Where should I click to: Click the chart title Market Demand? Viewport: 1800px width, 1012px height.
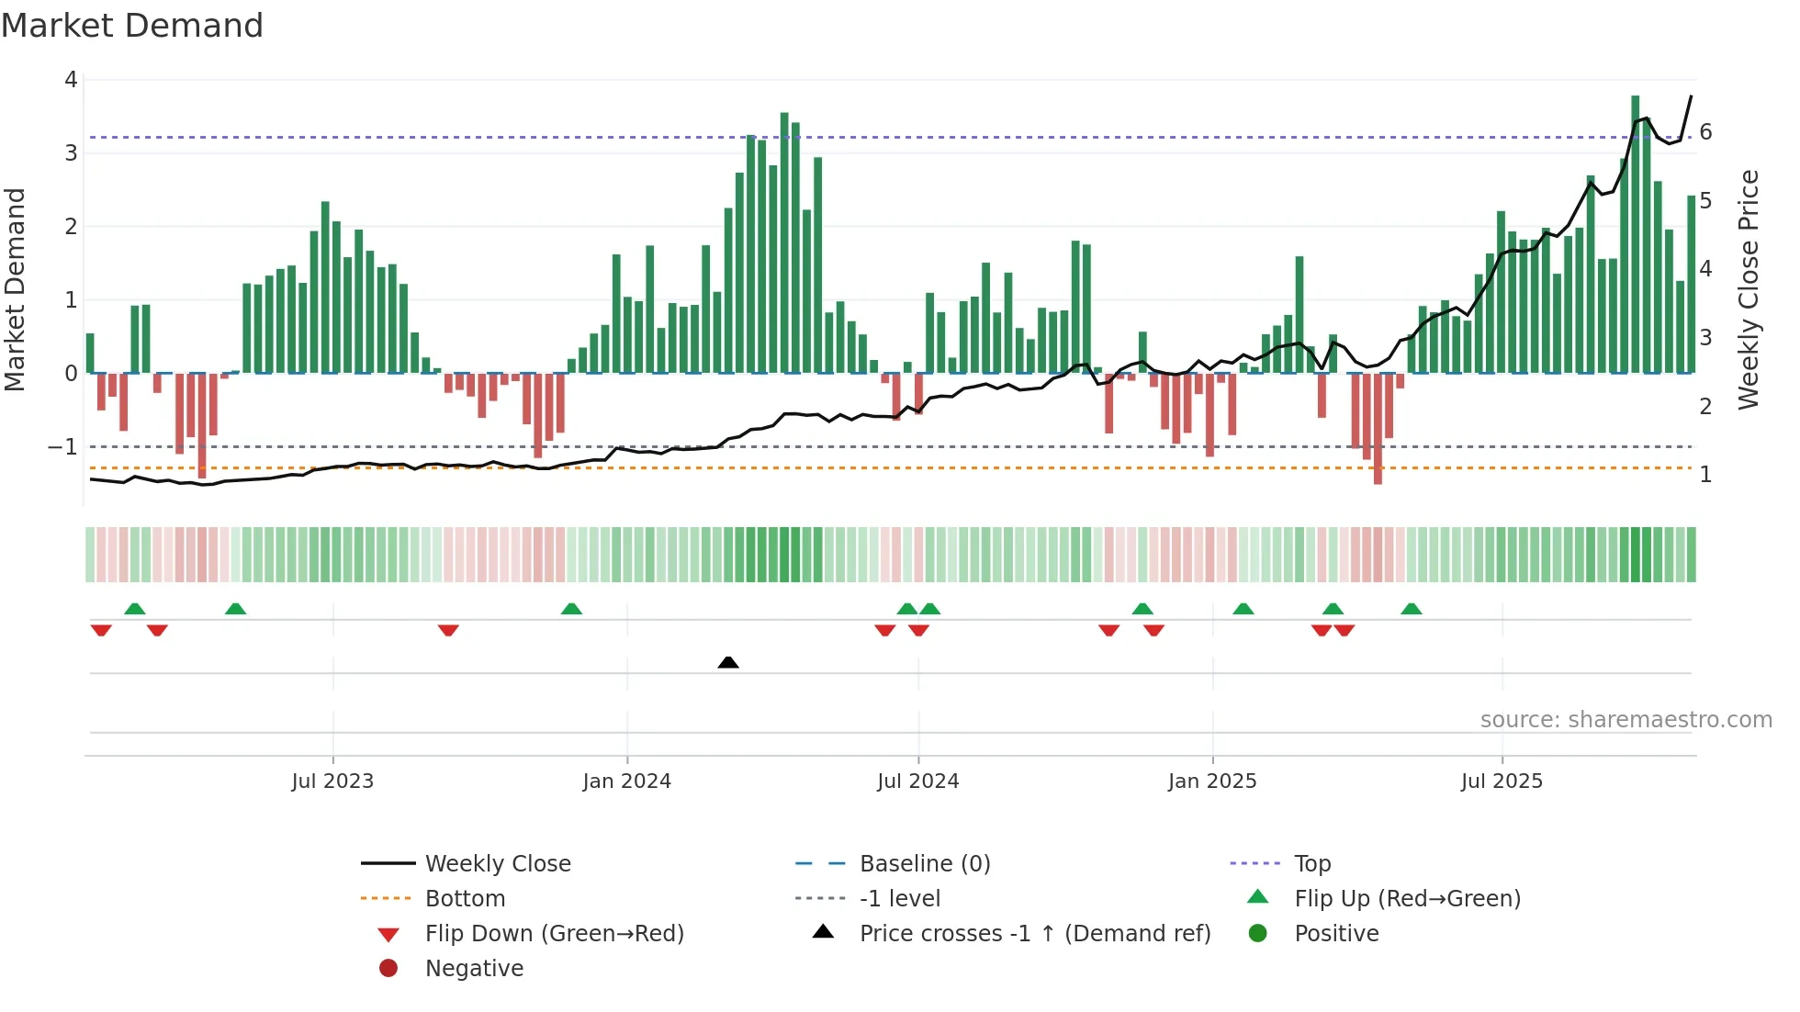coord(132,26)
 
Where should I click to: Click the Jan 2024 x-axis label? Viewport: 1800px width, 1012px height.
coord(626,781)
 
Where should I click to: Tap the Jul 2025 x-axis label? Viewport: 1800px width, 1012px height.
coord(1502,781)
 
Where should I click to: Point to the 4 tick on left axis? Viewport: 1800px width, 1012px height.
coord(71,80)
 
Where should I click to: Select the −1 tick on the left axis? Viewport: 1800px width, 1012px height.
coord(62,447)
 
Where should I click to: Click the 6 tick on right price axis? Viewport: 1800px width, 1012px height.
coord(1705,132)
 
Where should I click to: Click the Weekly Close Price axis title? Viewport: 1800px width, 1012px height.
coord(1749,289)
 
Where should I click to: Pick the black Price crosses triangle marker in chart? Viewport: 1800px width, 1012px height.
coord(728,662)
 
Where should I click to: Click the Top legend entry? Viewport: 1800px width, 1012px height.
coord(1311,864)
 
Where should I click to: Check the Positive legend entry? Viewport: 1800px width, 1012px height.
coord(1335,934)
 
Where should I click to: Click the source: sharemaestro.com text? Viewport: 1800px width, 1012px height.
coord(1626,720)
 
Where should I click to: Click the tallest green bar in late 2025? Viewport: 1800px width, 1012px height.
coord(1635,234)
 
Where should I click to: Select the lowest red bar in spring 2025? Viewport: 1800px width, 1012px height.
coord(1378,428)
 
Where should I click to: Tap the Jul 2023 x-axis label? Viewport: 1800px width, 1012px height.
coord(332,781)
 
